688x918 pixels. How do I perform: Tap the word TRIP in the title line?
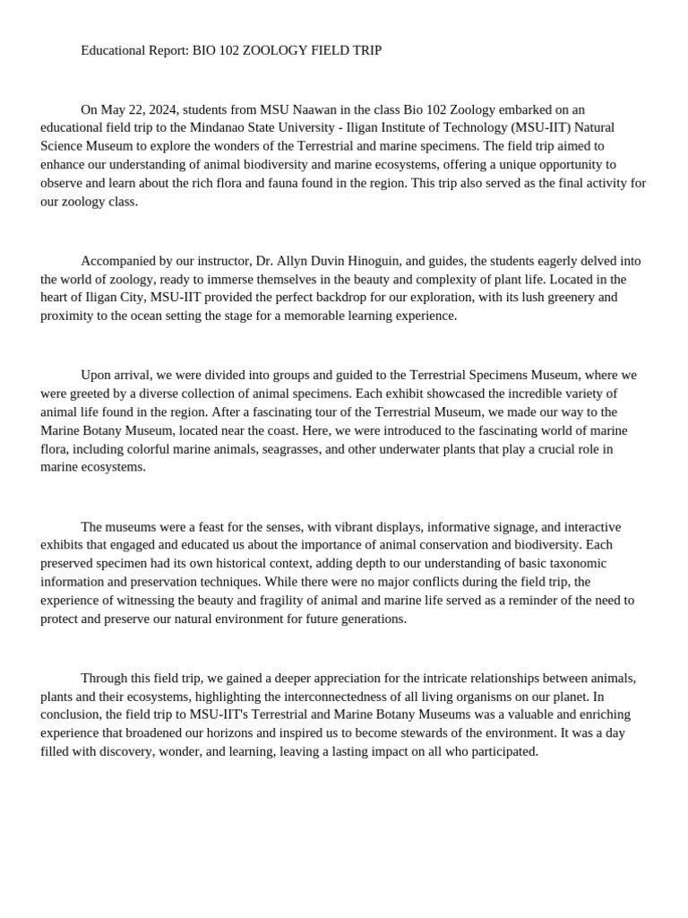pos(365,51)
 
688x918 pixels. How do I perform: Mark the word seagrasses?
pos(290,448)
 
